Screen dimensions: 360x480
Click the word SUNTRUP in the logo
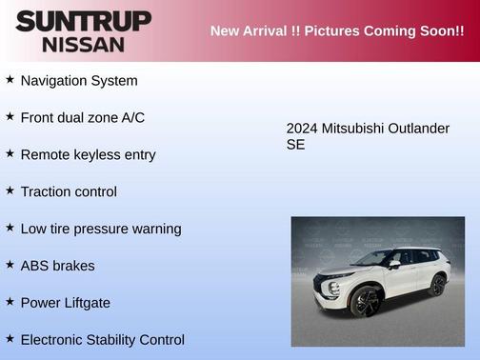pyautogui.click(x=83, y=21)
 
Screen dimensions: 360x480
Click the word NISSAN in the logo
pyautogui.click(x=83, y=44)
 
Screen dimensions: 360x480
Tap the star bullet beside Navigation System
pyautogui.click(x=10, y=80)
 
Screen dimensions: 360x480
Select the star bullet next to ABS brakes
pyautogui.click(x=10, y=265)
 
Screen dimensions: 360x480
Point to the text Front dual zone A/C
pyautogui.click(x=82, y=118)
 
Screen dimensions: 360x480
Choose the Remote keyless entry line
pyautogui.click(x=88, y=154)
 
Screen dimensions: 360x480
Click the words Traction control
pyautogui.click(x=69, y=191)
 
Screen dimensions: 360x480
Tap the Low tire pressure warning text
pyautogui.click(x=100, y=229)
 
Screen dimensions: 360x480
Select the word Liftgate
pyautogui.click(x=87, y=303)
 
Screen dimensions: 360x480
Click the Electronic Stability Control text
pyautogui.click(x=102, y=340)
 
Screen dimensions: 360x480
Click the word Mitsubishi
pyautogui.click(x=353, y=129)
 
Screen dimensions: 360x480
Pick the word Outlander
pyautogui.click(x=418, y=129)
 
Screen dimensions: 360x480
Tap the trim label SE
pyautogui.click(x=296, y=146)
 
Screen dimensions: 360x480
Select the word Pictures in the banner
pyautogui.click(x=325, y=30)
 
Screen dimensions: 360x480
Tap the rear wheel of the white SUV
pyautogui.click(x=437, y=284)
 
